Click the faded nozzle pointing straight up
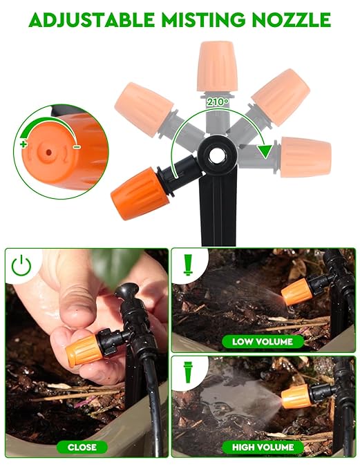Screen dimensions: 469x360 point(216,66)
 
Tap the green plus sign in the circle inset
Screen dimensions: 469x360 point(23,144)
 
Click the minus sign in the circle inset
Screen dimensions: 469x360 point(77,146)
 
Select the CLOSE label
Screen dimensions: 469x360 point(82,447)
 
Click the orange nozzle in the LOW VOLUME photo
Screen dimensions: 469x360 point(297,291)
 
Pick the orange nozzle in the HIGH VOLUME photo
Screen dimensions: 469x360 point(295,396)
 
